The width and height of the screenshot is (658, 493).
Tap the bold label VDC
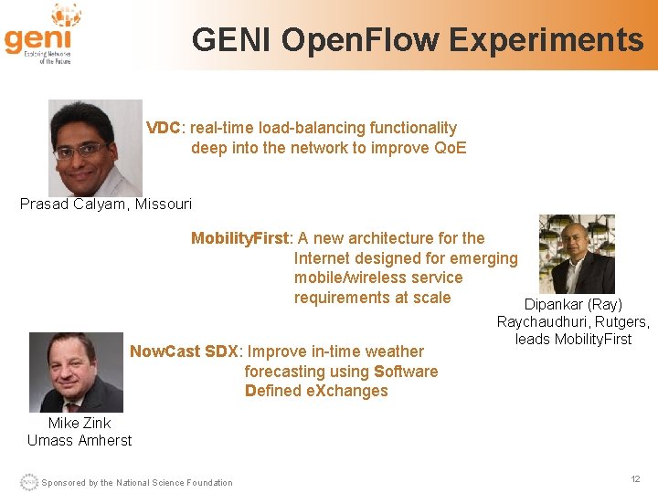(x=163, y=128)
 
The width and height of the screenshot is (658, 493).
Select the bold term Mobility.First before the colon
(x=239, y=238)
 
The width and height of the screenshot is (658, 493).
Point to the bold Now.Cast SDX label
(x=184, y=351)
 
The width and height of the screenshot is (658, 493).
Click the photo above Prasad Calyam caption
(x=95, y=147)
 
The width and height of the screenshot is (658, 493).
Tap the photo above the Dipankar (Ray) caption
(x=577, y=254)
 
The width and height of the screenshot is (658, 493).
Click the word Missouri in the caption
(x=164, y=204)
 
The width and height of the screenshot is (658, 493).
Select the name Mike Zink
(x=80, y=423)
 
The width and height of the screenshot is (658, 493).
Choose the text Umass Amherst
(x=80, y=440)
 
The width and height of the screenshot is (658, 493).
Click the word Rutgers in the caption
(x=621, y=321)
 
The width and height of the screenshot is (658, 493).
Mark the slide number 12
(x=635, y=479)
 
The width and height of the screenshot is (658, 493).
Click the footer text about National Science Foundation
(x=137, y=483)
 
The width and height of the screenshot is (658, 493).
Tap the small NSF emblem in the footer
(x=28, y=482)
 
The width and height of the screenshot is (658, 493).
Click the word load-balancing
(x=290, y=128)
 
